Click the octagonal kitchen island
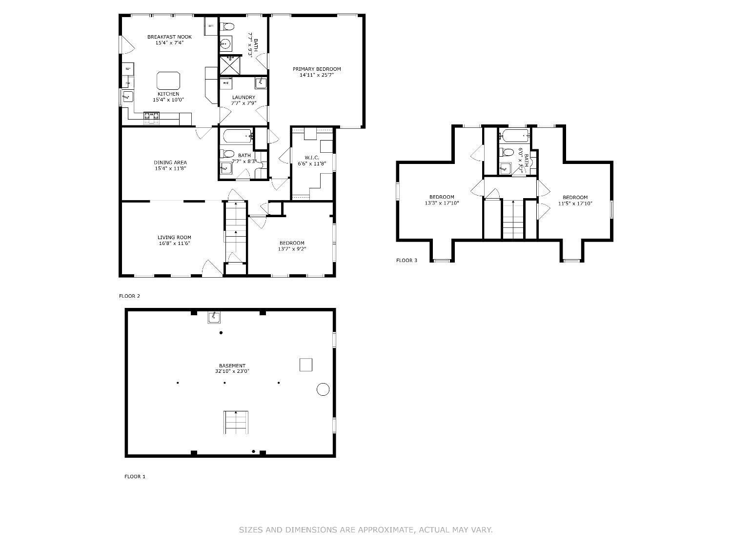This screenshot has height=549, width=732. pyautogui.click(x=168, y=80)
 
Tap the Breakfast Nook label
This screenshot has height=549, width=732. pyautogui.click(x=169, y=37)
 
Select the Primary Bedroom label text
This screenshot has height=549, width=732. pyautogui.click(x=317, y=69)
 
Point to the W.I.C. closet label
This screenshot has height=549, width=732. pyautogui.click(x=312, y=157)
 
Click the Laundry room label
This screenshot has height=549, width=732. pyautogui.click(x=244, y=97)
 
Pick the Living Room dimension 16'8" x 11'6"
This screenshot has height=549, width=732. pyautogui.click(x=174, y=243)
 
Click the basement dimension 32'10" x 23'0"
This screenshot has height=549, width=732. pyautogui.click(x=232, y=371)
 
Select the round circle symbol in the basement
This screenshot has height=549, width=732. pyautogui.click(x=323, y=389)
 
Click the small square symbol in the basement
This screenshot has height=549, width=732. pyautogui.click(x=305, y=365)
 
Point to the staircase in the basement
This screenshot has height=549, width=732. pyautogui.click(x=236, y=423)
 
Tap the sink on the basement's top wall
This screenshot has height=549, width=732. pyautogui.click(x=214, y=318)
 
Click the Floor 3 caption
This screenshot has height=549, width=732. pyautogui.click(x=407, y=261)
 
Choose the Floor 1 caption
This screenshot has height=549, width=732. pyautogui.click(x=135, y=477)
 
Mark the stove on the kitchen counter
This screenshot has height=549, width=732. pyautogui.click(x=151, y=116)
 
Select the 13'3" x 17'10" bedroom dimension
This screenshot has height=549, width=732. pyautogui.click(x=442, y=203)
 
